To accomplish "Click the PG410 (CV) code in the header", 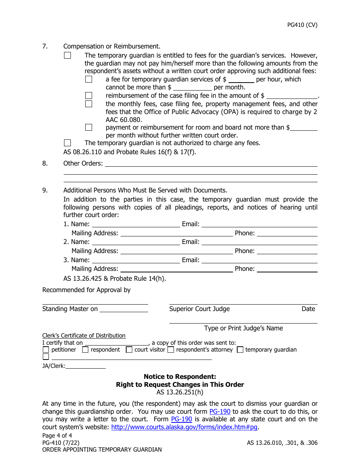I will pos(302,25).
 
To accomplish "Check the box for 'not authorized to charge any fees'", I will pos(67,143).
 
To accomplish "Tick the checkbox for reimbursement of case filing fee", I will pos(89,95).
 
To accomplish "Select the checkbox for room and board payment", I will pos(89,127).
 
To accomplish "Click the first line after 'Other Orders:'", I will pos(211,163).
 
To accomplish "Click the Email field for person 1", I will pos(259,224).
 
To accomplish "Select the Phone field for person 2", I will pos(287,251).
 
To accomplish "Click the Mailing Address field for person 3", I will pos(176,269).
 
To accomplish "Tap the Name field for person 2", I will pos(136,242).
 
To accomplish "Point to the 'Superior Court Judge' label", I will pos(199,309).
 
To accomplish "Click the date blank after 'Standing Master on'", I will pos(124,309).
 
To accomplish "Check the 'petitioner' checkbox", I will pos(46,350).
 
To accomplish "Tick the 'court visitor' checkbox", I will pos(129,350).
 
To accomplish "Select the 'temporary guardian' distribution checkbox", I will pos(240,350).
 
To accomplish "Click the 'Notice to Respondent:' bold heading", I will pos(180,377).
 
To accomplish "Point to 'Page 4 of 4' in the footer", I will pos(57,435).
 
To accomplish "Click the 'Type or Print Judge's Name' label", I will pos(243,328).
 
